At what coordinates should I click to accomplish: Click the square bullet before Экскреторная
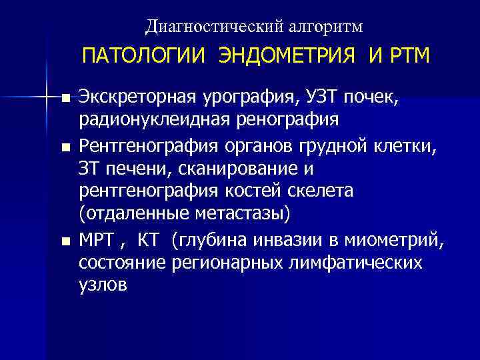[65, 99]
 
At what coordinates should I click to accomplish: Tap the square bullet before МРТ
[65, 239]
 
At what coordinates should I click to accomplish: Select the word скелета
[317, 191]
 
